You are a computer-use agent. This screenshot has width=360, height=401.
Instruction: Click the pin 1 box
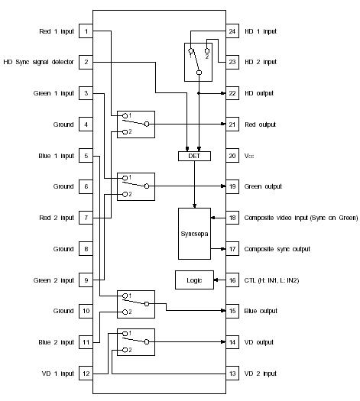click(87, 31)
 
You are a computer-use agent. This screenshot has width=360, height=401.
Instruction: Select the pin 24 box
click(232, 31)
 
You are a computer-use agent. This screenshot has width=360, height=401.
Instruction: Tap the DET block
click(187, 156)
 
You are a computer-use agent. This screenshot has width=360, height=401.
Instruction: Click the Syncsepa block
click(193, 231)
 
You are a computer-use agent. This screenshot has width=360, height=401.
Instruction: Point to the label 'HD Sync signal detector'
click(39, 62)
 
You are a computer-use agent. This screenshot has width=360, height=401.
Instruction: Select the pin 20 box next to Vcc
click(232, 156)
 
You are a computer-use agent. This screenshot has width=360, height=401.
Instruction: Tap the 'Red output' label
click(260, 125)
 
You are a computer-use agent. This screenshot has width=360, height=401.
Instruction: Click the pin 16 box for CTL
click(232, 280)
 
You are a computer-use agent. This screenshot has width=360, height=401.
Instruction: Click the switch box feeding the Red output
click(134, 124)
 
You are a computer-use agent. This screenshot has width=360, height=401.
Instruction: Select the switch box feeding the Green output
click(134, 186)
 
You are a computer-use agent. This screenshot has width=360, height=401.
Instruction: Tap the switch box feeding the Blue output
click(134, 304)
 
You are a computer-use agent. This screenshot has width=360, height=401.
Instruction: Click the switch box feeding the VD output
click(134, 341)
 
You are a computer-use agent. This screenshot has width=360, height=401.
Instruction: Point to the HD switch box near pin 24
click(199, 61)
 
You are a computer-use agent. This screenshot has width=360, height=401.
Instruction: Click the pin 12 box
click(87, 374)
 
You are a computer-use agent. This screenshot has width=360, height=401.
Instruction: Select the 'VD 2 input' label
click(261, 374)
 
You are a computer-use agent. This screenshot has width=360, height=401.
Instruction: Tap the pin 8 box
click(87, 249)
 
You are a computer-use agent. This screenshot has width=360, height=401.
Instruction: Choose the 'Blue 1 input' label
click(55, 156)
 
